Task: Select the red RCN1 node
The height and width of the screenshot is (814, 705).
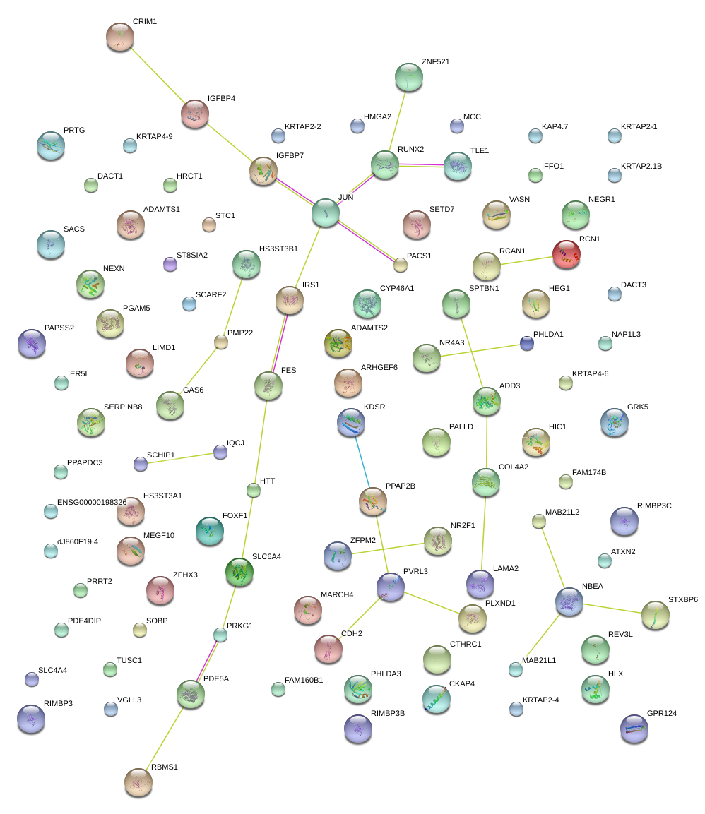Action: pos(567,254)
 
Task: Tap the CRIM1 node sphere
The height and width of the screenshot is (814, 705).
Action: pos(120,37)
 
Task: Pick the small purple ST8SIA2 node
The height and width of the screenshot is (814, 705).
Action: pos(170,264)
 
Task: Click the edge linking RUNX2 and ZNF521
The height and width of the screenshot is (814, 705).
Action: pos(397,121)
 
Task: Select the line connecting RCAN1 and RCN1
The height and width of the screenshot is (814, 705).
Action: pos(526,261)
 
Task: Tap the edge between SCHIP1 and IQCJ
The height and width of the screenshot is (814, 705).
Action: pos(180,458)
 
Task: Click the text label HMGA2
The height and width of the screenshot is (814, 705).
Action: pos(377,116)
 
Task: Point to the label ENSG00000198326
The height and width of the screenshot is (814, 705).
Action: pos(92,502)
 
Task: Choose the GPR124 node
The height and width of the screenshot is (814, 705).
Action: pos(633,729)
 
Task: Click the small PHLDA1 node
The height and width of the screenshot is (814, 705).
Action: pos(526,343)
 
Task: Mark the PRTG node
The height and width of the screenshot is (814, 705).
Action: pos(50,145)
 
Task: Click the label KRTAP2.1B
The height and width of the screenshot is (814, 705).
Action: pos(641,166)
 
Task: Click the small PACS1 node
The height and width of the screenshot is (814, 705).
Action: pos(401,265)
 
